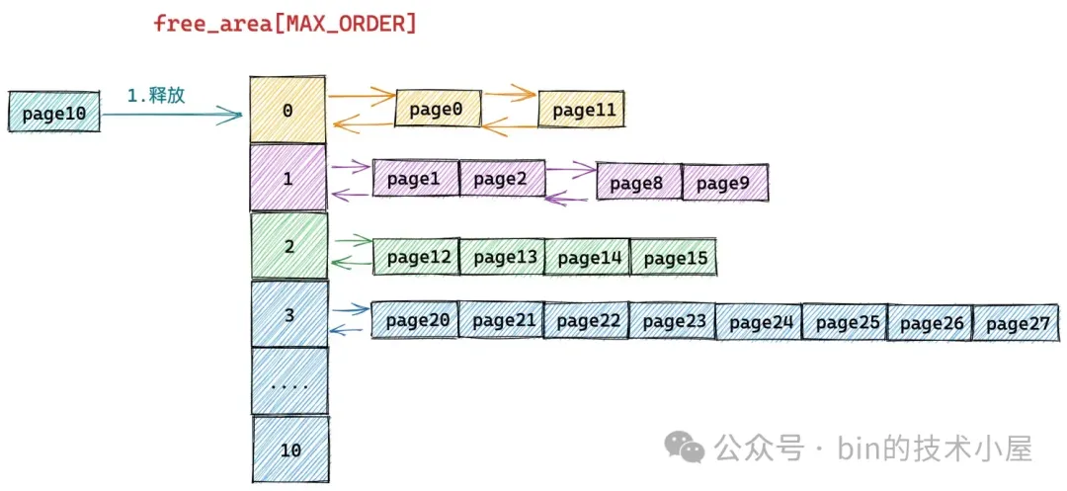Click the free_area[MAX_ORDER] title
[x=285, y=24]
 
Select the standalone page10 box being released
[x=53, y=114]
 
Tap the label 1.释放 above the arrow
[x=156, y=96]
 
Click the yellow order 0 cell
[x=287, y=110]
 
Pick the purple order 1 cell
[x=287, y=178]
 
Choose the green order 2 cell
[x=288, y=246]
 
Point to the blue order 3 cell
[x=288, y=315]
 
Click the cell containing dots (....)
[x=288, y=381]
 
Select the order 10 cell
[x=289, y=450]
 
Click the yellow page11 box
[x=583, y=110]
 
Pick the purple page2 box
[x=502, y=179]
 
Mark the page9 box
[x=724, y=183]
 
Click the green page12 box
[x=416, y=257]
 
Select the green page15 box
[x=674, y=258]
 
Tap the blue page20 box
[x=415, y=320]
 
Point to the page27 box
[x=1016, y=323]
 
